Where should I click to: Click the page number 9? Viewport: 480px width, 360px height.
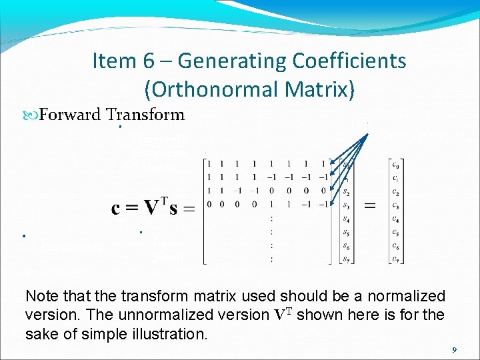[x=454, y=349]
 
